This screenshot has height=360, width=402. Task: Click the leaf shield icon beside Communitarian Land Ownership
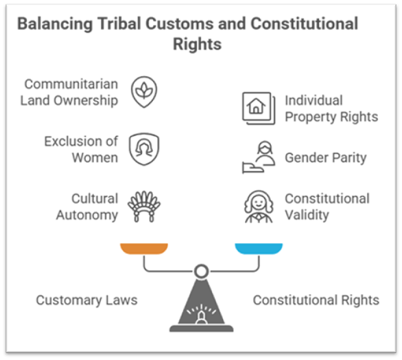144,92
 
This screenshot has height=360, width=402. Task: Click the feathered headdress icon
143,206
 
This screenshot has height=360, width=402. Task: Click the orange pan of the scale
144,248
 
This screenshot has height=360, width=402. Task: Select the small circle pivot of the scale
201,272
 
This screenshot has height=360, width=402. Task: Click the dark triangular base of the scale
201,309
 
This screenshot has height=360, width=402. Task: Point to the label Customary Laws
86,300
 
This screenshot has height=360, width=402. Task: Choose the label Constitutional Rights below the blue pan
316,300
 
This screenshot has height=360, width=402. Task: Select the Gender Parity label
325,157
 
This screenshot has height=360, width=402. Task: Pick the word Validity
307,215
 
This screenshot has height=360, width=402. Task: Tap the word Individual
314,100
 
